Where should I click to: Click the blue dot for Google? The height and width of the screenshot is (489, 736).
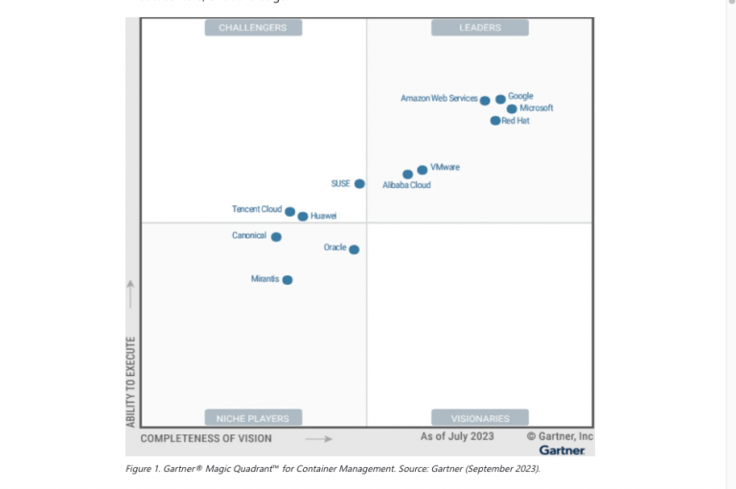tap(500, 99)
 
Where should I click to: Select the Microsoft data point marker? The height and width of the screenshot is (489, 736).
tap(512, 109)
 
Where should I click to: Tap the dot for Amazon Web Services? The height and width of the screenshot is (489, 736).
tap(485, 100)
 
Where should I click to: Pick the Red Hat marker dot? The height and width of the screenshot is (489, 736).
tap(494, 121)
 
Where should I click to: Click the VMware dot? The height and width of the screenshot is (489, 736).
tap(423, 170)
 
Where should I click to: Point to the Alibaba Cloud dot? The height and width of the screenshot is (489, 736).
tap(407, 175)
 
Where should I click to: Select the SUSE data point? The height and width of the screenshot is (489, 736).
tap(359, 183)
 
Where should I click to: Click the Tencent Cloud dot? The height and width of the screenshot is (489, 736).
tap(289, 211)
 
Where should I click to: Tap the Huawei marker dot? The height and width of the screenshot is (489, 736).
tap(303, 217)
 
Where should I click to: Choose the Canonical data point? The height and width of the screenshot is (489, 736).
tap(276, 237)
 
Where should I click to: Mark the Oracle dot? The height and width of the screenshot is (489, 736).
tap(354, 249)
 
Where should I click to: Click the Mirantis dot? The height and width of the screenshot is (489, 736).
tap(287, 280)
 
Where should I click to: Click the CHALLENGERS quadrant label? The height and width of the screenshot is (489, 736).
tap(253, 28)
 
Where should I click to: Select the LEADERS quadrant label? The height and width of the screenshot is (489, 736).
tap(480, 28)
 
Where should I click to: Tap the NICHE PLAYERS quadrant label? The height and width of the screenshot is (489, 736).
tap(253, 418)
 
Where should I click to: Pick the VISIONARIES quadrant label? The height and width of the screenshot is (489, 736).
tap(480, 418)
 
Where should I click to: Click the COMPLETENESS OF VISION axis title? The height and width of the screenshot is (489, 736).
tap(206, 438)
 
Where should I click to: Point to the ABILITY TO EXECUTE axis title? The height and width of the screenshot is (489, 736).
tap(131, 382)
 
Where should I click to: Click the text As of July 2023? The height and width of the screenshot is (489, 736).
tap(457, 436)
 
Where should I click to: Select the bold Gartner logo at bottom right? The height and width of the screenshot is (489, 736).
tap(562, 450)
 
